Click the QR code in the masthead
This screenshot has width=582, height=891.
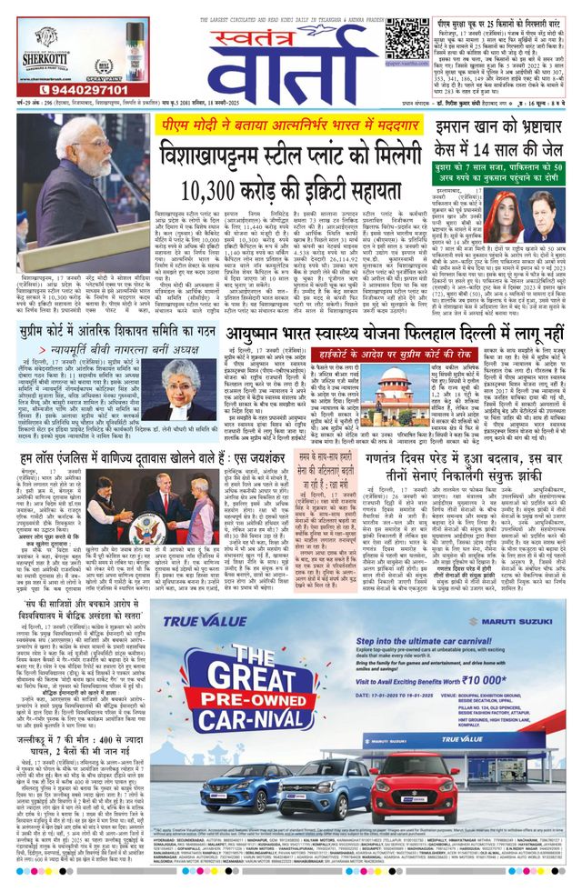click(x=403, y=37)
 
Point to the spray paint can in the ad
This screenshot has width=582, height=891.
click(x=113, y=47)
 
